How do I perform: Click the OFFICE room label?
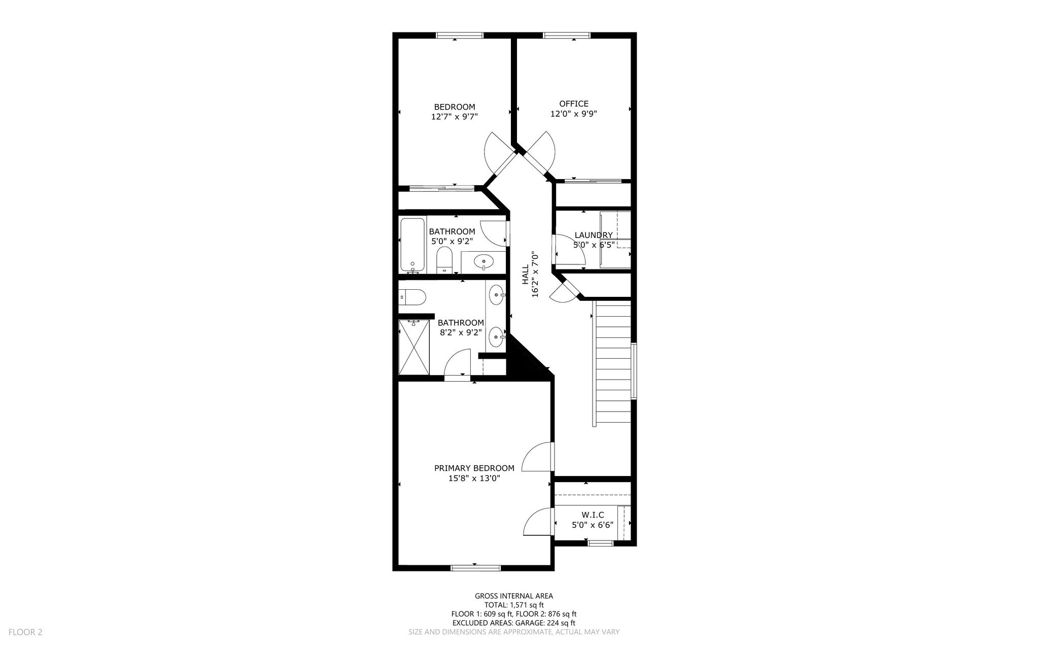coord(574,104)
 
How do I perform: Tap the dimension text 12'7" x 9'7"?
coord(455,117)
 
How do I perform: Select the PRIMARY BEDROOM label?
coord(474,468)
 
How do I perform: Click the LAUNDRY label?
coord(594,235)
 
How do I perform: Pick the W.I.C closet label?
coord(593,515)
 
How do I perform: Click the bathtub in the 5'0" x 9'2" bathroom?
coord(412,245)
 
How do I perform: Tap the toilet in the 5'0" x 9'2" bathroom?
coord(444,260)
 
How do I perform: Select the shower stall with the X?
coord(414,347)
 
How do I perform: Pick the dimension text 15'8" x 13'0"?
coord(474,478)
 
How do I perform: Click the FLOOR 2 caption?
coord(25,632)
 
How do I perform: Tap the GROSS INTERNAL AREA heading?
coord(514,596)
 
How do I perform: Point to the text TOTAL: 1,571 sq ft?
coord(514,605)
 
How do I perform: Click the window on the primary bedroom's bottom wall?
coord(476,568)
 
